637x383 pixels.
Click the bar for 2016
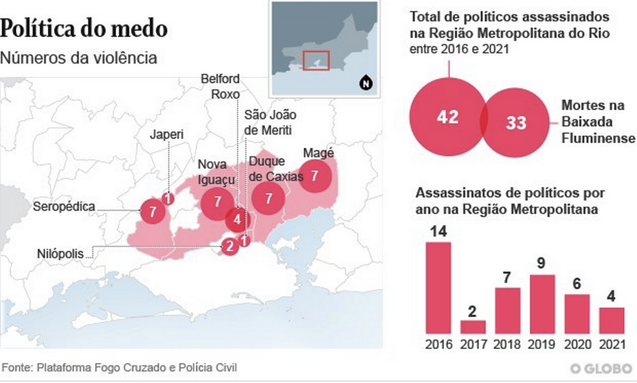438,288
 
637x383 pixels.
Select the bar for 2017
473,327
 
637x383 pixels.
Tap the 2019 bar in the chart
542,304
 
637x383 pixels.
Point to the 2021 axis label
611,344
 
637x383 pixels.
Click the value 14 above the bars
438,231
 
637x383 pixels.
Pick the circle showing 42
448,117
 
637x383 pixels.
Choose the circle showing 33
517,123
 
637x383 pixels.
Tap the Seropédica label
64,207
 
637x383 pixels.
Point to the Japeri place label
167,135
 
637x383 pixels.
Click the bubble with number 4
237,220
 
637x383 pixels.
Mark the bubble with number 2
229,246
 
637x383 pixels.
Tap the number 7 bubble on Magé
315,175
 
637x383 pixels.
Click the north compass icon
366,83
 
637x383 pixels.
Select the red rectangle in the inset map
316,61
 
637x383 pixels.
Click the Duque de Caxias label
276,169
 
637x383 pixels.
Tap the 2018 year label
507,344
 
